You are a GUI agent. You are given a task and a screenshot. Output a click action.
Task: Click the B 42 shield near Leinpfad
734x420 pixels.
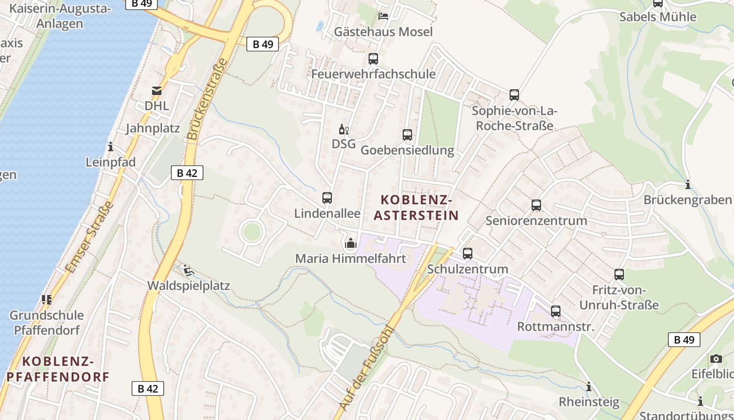tap(187, 173)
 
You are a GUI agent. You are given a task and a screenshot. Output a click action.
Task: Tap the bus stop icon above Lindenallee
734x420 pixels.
tap(327, 198)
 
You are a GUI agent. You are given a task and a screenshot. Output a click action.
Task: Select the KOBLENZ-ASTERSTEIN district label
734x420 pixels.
tap(416, 207)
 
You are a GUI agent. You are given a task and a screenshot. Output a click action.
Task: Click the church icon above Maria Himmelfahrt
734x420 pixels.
tap(351, 243)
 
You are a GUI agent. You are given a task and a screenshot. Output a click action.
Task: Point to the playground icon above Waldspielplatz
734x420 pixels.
tap(189, 271)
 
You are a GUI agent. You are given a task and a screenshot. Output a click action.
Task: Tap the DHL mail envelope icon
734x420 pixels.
tap(157, 91)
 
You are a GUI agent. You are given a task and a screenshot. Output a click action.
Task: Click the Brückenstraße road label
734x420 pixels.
tap(208, 99)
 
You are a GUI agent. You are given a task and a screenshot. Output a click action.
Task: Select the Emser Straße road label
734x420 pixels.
tap(89, 237)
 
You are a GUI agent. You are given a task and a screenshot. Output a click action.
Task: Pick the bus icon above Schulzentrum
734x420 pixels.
tap(468, 254)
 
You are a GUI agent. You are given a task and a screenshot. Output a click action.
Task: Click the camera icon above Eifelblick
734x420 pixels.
tap(716, 359)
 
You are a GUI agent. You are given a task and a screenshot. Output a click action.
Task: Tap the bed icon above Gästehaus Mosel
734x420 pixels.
tap(384, 16)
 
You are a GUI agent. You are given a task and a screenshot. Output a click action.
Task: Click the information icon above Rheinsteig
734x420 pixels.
tap(589, 387)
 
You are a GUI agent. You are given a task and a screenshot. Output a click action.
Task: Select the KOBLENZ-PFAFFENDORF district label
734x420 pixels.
tap(58, 369)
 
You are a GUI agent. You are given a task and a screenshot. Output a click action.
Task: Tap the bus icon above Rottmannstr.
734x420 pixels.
tap(556, 311)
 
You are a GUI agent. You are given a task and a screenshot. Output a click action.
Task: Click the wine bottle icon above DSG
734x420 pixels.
tap(344, 129)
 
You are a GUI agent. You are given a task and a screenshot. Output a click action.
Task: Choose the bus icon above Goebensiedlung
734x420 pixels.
tap(407, 135)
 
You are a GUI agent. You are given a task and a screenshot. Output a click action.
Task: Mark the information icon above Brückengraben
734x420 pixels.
tap(687, 184)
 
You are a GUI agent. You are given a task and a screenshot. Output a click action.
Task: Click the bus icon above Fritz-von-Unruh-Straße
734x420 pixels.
tap(619, 275)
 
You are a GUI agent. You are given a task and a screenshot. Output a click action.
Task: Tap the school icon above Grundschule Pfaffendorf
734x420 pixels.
tap(47, 300)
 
